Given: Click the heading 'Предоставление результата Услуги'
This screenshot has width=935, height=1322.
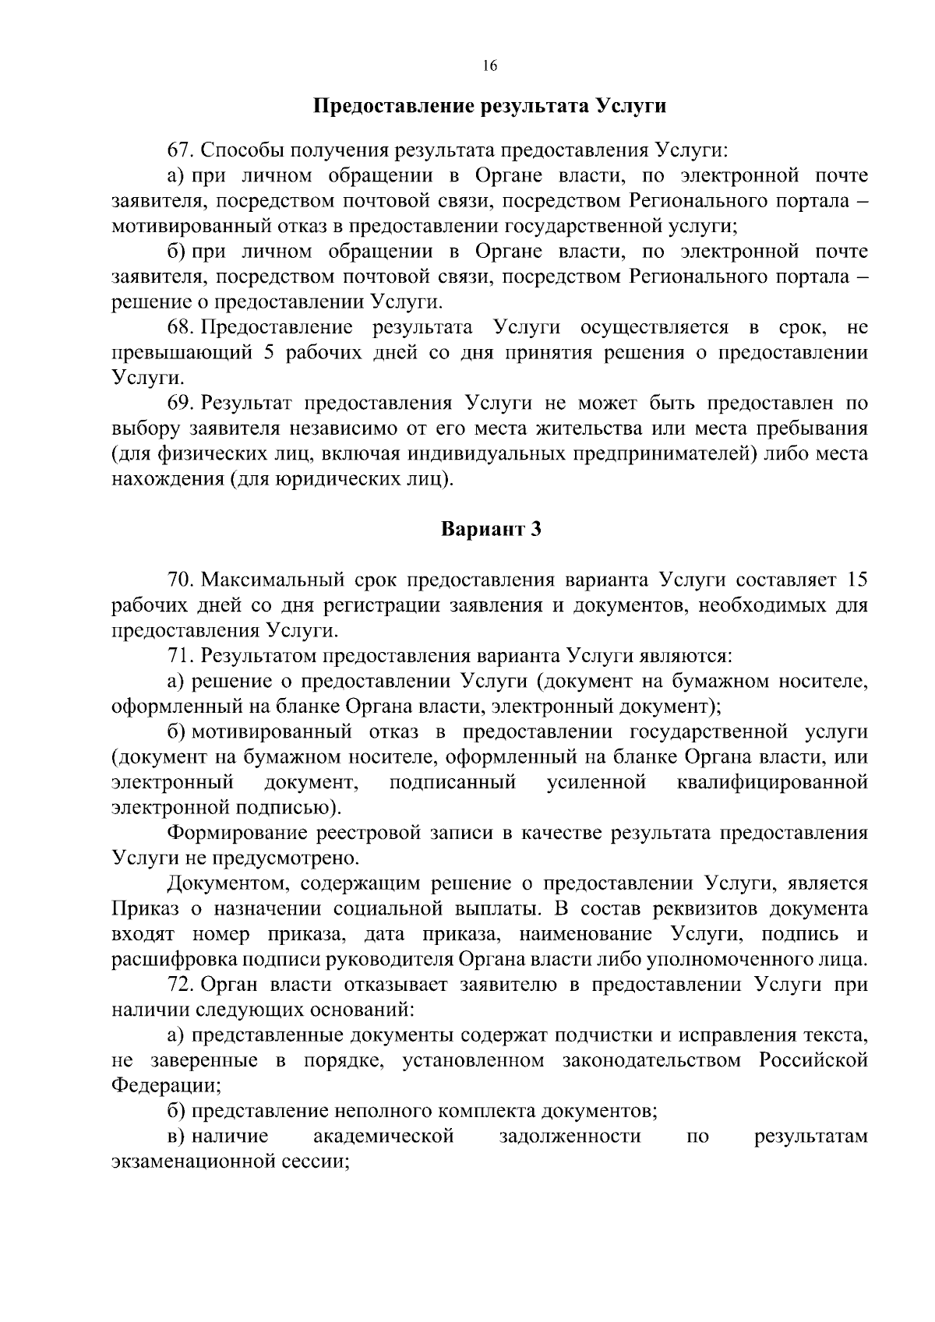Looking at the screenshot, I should [x=489, y=106].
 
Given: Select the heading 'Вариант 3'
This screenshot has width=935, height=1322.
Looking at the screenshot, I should [x=491, y=530].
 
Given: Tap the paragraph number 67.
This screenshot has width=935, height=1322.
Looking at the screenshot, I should [x=181, y=150].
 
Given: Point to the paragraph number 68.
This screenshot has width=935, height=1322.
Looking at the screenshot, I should [x=181, y=327].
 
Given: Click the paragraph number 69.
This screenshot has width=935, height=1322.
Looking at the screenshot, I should [x=181, y=404].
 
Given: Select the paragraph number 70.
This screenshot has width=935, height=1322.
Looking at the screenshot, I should [x=181, y=580].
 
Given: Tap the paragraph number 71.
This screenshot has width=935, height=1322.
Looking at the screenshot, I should [x=181, y=656].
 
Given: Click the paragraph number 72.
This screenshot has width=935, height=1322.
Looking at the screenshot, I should [x=181, y=985].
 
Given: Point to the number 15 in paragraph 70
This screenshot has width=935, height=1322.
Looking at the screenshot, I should [x=856, y=580].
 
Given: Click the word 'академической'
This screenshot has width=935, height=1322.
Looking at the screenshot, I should [x=383, y=1137].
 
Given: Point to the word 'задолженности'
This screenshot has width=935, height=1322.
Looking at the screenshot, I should [x=570, y=1137].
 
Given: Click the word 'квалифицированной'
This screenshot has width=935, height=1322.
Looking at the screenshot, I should [x=773, y=782].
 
